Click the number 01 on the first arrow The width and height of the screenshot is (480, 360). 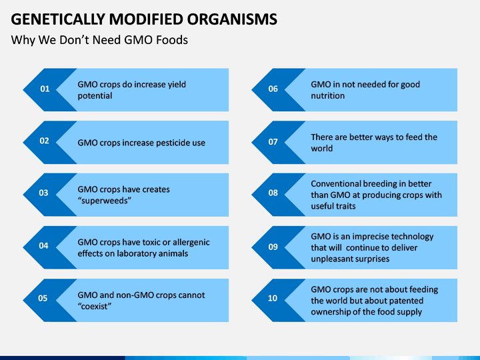click(45, 89)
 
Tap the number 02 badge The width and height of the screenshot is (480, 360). click(45, 141)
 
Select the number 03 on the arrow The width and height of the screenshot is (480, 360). click(43, 193)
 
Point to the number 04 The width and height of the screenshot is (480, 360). click(43, 245)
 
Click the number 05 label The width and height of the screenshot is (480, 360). click(43, 298)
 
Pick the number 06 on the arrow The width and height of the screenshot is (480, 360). click(273, 89)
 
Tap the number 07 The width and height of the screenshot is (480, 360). click(273, 142)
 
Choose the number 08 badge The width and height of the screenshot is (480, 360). click(273, 193)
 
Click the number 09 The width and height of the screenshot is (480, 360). click(273, 247)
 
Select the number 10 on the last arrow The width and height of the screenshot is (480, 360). click(273, 298)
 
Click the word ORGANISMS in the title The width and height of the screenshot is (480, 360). click(233, 19)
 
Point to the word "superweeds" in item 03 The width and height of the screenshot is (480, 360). click(105, 201)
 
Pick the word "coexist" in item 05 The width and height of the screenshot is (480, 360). click(94, 307)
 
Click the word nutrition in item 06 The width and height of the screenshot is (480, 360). click(328, 96)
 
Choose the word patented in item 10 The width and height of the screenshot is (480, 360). click(407, 301)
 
